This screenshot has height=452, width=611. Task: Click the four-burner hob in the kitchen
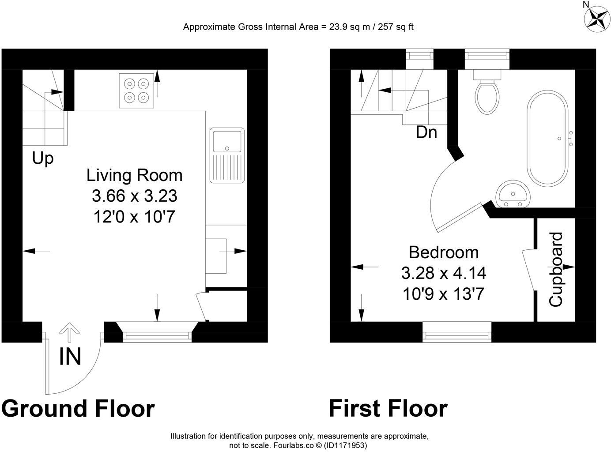coord(136,90)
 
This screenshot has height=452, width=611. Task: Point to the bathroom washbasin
coord(513,195)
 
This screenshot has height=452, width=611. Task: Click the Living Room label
coord(134,175)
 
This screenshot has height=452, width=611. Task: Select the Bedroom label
coord(443,252)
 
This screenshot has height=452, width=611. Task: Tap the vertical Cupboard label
coord(556,269)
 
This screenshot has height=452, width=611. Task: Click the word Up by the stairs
coord(43,158)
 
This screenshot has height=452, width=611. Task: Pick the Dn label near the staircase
coord(426,132)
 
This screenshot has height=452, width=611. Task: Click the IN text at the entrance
coord(70,357)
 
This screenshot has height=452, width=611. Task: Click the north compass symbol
coord(597,19)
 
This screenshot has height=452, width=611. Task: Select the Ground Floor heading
coord(78,408)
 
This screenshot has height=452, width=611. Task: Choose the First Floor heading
coord(388,408)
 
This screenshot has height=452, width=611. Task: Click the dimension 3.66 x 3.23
coord(135,196)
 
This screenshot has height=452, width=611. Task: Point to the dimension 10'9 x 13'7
coord(443,293)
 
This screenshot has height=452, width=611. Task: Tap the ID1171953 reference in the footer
coord(345,445)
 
